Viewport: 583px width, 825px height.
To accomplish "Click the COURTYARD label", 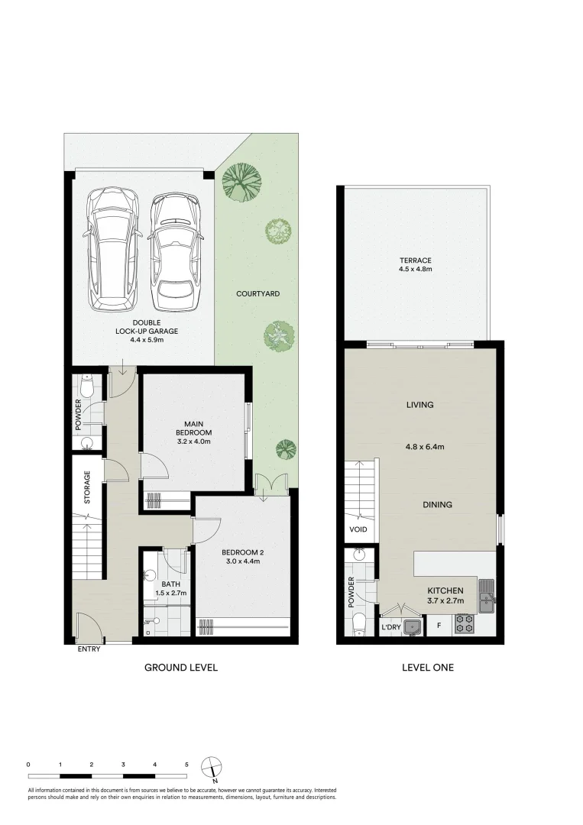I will [x=257, y=293].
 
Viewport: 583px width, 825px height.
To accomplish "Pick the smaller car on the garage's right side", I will [x=176, y=249].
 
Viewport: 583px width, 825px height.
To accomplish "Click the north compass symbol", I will [x=212, y=767].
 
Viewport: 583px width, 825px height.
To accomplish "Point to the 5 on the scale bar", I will [x=186, y=764].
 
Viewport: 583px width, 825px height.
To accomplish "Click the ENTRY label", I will [x=89, y=649].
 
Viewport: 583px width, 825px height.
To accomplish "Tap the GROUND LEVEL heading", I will [x=181, y=667].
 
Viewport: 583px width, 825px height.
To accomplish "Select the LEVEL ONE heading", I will [x=428, y=667].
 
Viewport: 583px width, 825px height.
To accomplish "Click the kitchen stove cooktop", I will [x=463, y=624].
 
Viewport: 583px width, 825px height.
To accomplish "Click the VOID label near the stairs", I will [x=358, y=529].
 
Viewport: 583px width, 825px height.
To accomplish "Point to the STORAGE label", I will [x=87, y=487].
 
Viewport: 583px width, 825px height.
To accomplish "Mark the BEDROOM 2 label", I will [x=241, y=552].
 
